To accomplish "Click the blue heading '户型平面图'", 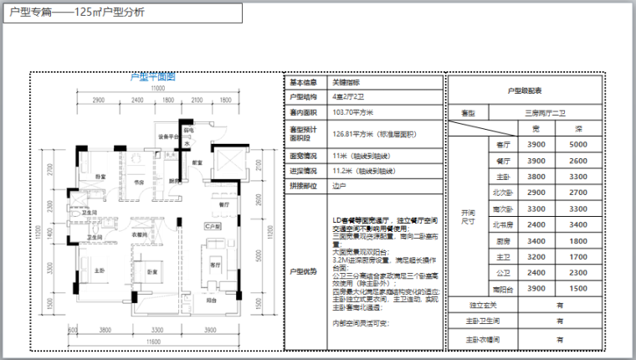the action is [x=153, y=77].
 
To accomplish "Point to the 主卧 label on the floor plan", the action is [x=100, y=270].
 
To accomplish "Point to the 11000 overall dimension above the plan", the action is [x=155, y=89].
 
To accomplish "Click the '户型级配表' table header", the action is [x=525, y=90].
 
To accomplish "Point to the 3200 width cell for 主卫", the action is [x=537, y=257].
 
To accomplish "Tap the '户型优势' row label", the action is [x=304, y=271].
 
